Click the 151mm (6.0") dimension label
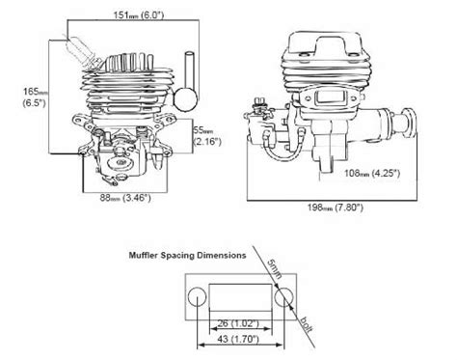click(139, 14)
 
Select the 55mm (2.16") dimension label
click(207, 136)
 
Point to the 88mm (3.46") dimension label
click(125, 198)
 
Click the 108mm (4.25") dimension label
click(372, 173)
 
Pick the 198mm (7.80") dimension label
click(336, 208)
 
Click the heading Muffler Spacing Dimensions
click(187, 256)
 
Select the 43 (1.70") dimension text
click(238, 339)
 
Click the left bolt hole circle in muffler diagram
click(197, 297)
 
